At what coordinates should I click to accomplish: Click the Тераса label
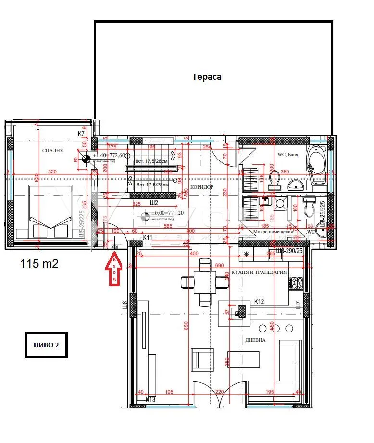click(207, 77)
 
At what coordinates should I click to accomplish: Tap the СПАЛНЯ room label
click(52, 150)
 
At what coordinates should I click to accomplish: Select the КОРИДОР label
click(202, 187)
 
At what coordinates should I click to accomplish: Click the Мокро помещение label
click(274, 232)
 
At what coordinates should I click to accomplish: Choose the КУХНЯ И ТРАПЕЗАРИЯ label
click(259, 272)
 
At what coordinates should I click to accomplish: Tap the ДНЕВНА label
click(255, 339)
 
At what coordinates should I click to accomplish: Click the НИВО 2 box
click(46, 345)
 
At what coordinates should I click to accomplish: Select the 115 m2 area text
click(39, 263)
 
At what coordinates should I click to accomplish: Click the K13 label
click(150, 399)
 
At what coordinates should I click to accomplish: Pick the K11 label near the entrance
click(148, 237)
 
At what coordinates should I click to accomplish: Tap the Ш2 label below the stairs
click(154, 203)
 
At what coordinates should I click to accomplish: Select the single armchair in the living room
click(202, 359)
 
